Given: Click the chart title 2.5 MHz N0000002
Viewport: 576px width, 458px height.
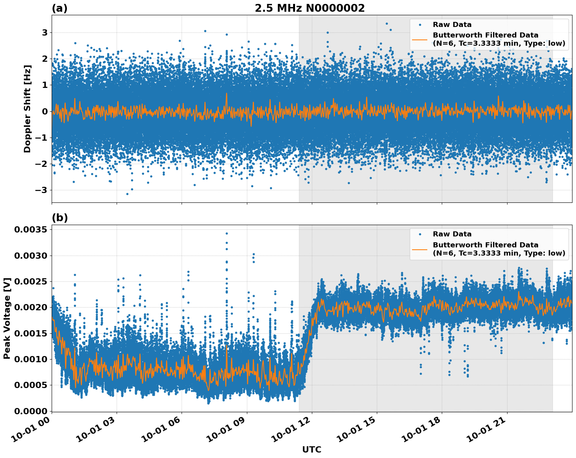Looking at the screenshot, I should click(310, 8).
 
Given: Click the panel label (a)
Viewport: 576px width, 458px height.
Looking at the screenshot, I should click(59, 8).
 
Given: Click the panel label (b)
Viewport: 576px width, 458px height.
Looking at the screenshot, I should click(59, 218).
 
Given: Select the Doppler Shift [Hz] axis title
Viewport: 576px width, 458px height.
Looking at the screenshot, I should click(27, 109).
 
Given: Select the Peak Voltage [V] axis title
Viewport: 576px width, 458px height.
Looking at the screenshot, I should click(7, 318).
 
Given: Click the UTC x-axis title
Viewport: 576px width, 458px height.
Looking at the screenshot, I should click(311, 449).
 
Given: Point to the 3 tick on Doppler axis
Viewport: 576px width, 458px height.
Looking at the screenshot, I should click(45, 32).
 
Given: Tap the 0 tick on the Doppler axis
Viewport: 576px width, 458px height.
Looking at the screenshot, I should click(45, 111).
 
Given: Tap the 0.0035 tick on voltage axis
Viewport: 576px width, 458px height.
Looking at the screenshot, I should click(31, 229).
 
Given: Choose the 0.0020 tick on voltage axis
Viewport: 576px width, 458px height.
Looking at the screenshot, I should click(31, 307).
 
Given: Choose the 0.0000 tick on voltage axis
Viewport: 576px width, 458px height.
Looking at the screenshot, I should click(31, 411).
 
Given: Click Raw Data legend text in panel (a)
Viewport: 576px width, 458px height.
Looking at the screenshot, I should click(452, 25).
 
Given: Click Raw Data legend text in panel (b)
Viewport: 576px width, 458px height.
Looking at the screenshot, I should click(452, 234).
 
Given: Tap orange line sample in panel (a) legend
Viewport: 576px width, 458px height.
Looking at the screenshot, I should click(420, 39).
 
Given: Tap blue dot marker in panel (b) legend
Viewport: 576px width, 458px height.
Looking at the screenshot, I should click(420, 234).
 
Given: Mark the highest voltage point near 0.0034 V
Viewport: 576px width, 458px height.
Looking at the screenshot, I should click(227, 233).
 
